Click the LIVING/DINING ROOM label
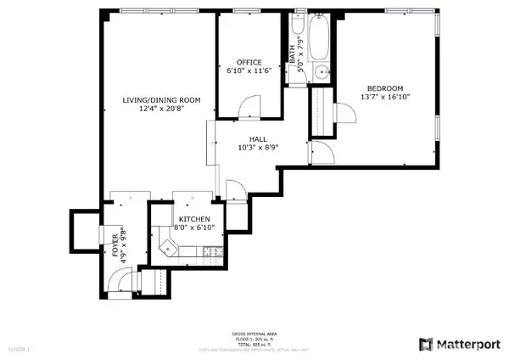tap(160, 100)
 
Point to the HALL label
tap(259, 138)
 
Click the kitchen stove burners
tap(212, 250)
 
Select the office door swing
tap(246, 108)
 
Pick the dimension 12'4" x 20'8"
tap(160, 110)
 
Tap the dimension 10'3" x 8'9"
tap(259, 148)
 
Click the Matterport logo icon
tap(427, 344)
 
